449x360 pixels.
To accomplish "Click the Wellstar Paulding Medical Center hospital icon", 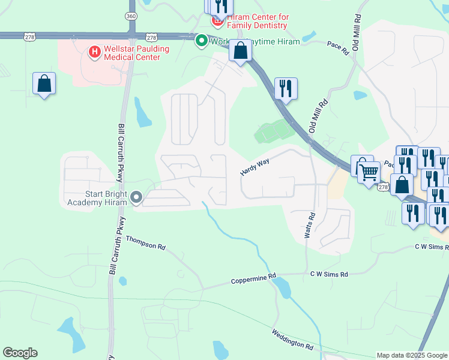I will coord(94,53).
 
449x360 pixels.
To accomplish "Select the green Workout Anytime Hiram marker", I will coord(201,41).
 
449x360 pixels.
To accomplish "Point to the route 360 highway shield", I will coord(131,17).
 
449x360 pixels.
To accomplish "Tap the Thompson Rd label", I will coord(145,243).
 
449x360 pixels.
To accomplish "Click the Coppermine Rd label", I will coord(254,279).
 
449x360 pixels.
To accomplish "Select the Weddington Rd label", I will coord(292,340).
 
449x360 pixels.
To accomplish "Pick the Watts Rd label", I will coord(310,226).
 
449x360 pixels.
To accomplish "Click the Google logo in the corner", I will coord(20,353).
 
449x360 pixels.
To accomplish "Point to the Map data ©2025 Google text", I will coord(412,355).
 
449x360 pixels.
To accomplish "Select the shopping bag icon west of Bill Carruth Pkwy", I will coord(44,84).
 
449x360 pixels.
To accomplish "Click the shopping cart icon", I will coord(369,172).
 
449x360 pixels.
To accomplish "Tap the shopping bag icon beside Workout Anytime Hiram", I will coord(240,52).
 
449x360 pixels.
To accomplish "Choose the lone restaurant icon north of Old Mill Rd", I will coord(286,88).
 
